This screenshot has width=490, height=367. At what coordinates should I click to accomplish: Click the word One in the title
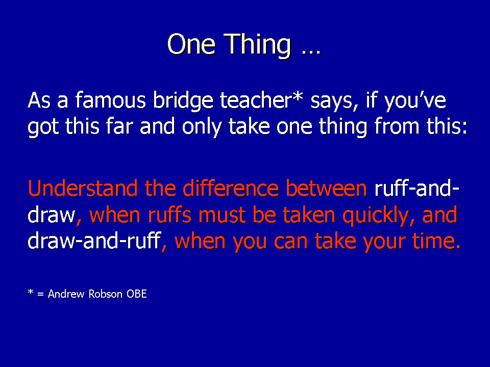point(191,44)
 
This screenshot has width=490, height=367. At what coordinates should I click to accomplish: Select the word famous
point(111,100)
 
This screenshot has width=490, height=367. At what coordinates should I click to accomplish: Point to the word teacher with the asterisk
point(261,100)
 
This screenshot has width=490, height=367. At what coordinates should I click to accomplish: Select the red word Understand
point(83,188)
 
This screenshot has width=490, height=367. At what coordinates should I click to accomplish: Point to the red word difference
point(230,188)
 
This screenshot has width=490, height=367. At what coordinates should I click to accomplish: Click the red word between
point(326,188)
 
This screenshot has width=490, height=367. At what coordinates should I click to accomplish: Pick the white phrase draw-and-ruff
point(94,241)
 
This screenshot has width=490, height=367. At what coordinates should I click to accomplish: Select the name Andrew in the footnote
point(66,294)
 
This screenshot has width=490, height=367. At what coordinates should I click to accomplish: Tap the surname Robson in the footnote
point(105,294)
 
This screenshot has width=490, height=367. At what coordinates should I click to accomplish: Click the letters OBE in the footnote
point(137,294)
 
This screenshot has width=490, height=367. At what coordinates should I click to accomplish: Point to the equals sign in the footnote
point(40,294)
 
